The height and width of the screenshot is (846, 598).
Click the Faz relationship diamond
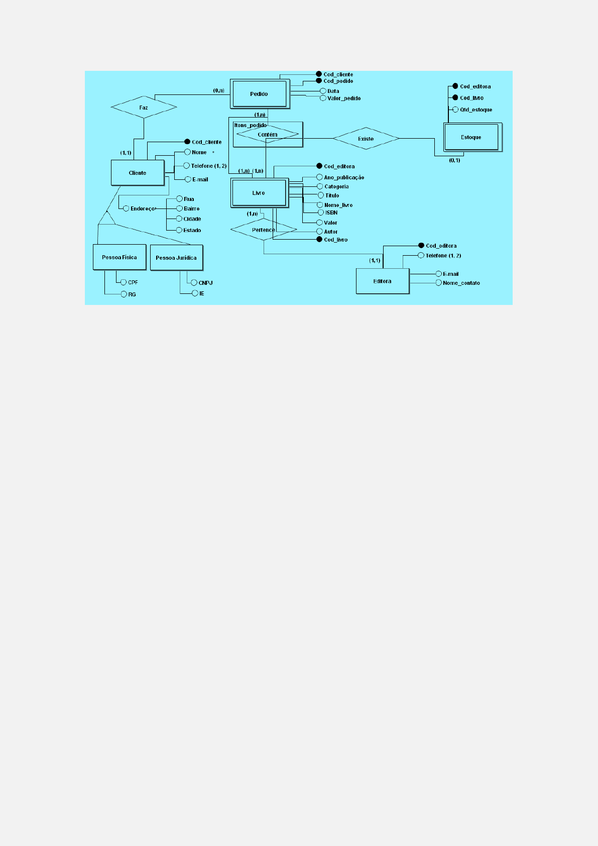pyautogui.click(x=144, y=108)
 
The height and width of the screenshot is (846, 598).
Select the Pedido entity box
pyautogui.click(x=259, y=94)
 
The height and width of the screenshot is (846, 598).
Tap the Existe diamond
pyautogui.click(x=366, y=139)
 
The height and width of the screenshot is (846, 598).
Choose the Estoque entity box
pyautogui.click(x=471, y=137)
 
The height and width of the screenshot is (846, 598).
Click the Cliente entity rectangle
pyautogui.click(x=138, y=173)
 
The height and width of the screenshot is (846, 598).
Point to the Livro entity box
pyautogui.click(x=259, y=193)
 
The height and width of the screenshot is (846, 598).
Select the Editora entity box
pyautogui.click(x=382, y=281)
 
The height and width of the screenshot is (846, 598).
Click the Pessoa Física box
pyautogui.click(x=119, y=257)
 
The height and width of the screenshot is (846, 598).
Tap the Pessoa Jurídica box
pyautogui.click(x=176, y=258)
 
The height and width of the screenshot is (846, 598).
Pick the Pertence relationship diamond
pyautogui.click(x=264, y=230)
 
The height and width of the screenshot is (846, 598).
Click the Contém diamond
pyautogui.click(x=268, y=135)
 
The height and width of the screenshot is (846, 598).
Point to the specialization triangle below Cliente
pyautogui.click(x=106, y=219)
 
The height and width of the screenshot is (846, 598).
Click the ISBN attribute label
pyautogui.click(x=331, y=213)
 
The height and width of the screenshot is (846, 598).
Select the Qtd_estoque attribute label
pyautogui.click(x=476, y=110)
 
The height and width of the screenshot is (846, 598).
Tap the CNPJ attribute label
pyautogui.click(x=205, y=283)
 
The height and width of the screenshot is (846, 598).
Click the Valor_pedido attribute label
pyautogui.click(x=344, y=98)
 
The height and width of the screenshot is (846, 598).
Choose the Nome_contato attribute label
pyautogui.click(x=461, y=283)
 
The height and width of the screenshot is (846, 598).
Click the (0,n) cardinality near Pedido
pyautogui.click(x=218, y=90)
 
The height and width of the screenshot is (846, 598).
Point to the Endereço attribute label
pyautogui.click(x=143, y=208)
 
